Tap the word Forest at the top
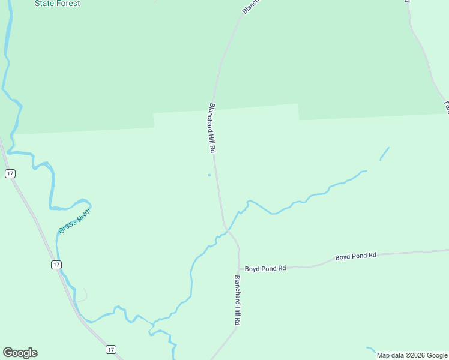click(x=68, y=4)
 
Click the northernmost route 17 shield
click(x=10, y=173)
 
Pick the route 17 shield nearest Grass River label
click(x=56, y=265)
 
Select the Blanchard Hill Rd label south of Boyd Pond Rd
click(x=238, y=300)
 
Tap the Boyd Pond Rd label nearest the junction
click(x=265, y=269)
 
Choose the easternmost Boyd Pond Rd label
click(x=355, y=256)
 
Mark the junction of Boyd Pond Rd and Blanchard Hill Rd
click(x=240, y=268)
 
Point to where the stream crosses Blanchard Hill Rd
click(x=227, y=229)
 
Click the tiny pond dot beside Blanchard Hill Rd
click(x=209, y=175)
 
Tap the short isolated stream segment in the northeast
click(x=384, y=154)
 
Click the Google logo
click(x=20, y=353)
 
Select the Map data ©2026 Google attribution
click(x=412, y=355)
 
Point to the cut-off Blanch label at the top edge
click(x=249, y=7)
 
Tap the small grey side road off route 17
click(x=83, y=295)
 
